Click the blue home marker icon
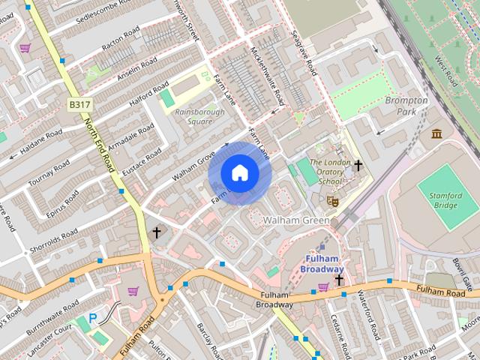tap(239, 173)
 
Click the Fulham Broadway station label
tap(322, 265)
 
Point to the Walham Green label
tap(297, 220)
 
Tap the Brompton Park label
tap(406, 106)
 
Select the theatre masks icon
tap(332, 200)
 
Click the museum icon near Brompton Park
tap(436, 133)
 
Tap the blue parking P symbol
tap(93, 318)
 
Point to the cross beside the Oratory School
tap(358, 165)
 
